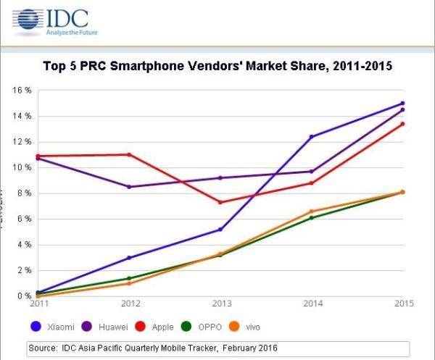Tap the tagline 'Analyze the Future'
point(72,33)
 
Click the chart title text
point(217,67)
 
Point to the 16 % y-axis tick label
point(21,91)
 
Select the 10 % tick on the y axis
point(21,167)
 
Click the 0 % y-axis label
point(23,296)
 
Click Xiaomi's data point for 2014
point(311,136)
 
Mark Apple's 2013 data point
point(220,202)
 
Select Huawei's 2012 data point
point(128,187)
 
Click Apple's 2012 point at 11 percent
point(128,154)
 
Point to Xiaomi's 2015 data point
point(402,104)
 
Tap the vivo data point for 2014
point(311,211)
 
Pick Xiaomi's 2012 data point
point(128,257)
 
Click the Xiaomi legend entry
point(59,327)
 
